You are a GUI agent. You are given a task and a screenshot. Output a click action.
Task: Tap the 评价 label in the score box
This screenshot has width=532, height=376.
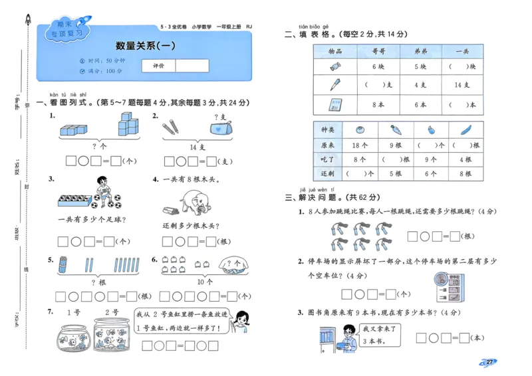click(158, 66)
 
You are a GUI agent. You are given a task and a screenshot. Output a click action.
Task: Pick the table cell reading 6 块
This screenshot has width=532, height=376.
click(378, 66)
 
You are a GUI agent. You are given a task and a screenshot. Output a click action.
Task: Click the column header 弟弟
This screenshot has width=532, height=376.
click(420, 51)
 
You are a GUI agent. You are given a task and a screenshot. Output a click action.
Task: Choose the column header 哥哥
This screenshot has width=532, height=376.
click(378, 51)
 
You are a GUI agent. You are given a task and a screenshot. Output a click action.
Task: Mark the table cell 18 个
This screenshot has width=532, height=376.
click(360, 145)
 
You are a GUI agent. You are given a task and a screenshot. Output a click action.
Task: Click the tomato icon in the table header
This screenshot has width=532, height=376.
click(360, 130)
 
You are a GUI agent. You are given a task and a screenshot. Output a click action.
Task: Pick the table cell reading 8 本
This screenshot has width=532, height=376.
click(378, 104)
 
